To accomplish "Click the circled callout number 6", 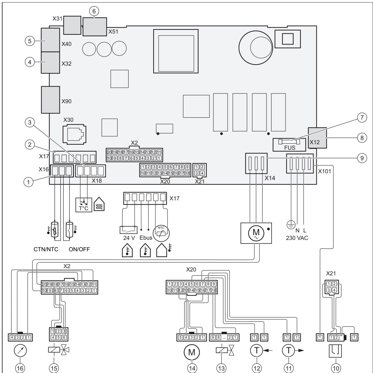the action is [94, 11].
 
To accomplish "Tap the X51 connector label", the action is [113, 32].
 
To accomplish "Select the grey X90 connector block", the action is [51, 100].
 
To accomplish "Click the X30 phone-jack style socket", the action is [74, 134].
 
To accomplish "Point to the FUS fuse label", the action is [289, 148].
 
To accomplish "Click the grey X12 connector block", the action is [317, 138].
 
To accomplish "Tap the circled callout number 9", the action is [362, 158].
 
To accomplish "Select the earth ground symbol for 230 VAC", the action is [291, 225].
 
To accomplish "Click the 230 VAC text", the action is [297, 238].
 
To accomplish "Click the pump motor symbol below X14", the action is [256, 233].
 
